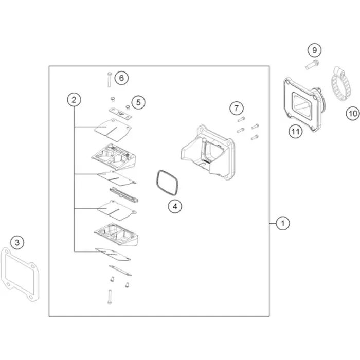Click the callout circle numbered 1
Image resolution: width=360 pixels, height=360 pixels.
[283, 223]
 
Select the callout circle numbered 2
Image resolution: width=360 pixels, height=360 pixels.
[74, 100]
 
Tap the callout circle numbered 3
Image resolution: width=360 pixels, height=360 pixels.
[17, 242]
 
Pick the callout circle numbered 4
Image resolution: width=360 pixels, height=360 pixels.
[175, 206]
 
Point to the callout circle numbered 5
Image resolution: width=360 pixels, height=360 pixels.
[138, 102]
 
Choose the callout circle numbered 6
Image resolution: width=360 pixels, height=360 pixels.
[121, 78]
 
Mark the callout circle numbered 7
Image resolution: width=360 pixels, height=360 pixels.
[237, 108]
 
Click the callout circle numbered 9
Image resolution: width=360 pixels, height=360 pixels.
[315, 50]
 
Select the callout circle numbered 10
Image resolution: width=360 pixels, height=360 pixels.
[353, 114]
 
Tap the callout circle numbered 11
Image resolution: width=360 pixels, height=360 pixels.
[296, 132]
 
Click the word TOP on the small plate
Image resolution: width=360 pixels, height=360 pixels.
[120, 114]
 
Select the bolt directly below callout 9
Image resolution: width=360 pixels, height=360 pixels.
[312, 64]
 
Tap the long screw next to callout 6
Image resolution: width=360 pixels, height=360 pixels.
[109, 79]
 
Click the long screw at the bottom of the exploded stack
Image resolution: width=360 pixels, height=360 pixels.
[110, 297]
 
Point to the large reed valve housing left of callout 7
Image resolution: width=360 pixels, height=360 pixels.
[208, 153]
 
